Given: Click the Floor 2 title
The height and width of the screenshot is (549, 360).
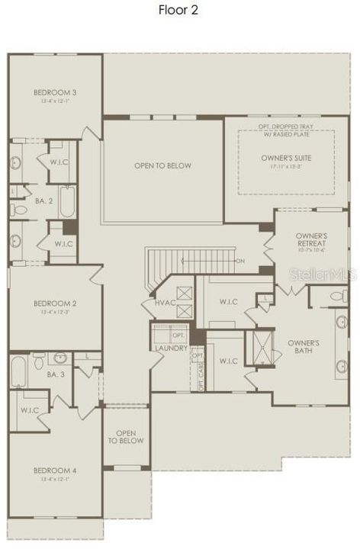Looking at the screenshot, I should pos(179,10).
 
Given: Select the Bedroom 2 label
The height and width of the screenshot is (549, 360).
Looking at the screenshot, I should pos(55,303).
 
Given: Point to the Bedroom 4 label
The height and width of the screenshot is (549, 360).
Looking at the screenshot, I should pos(55,471).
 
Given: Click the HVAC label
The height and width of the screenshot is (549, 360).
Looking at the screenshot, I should pos(165,302).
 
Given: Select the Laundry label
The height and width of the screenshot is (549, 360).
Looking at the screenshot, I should pos(171,348).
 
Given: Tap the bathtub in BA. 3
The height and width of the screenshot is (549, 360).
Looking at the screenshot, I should pos(19,373).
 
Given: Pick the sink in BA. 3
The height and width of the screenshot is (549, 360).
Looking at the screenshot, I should pos(59,357).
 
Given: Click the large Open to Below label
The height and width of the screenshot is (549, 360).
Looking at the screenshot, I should pos(162,165).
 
